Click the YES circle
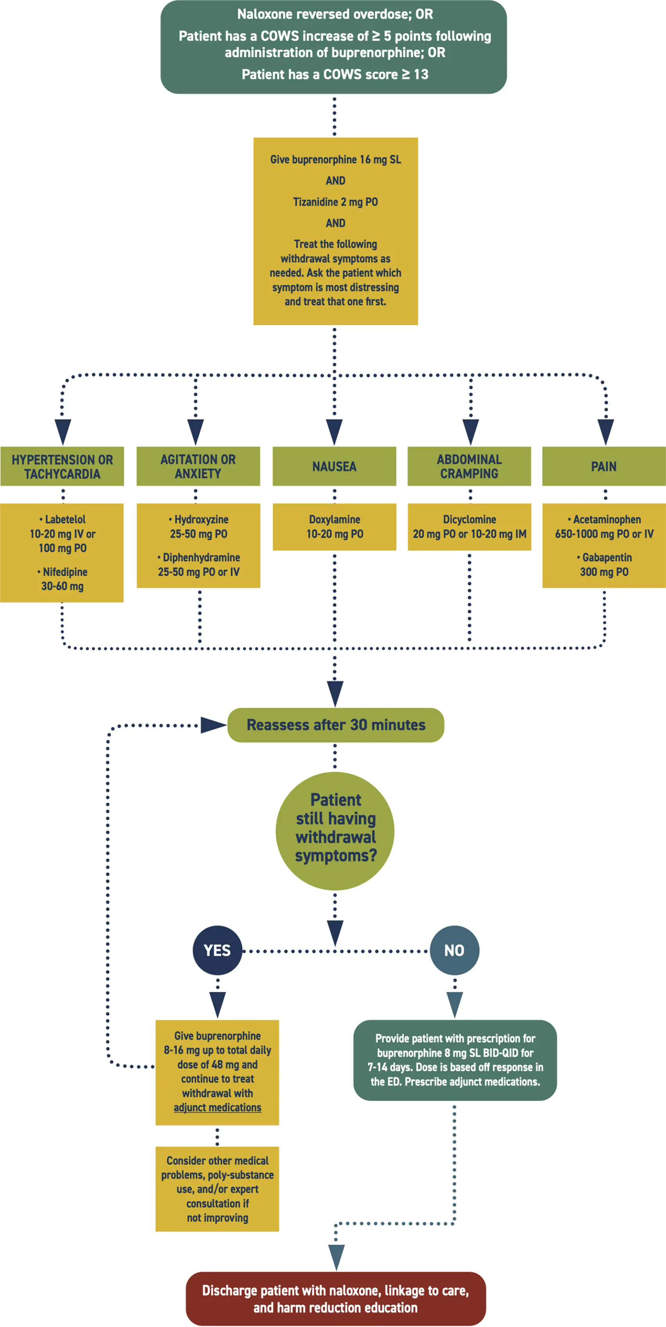217,950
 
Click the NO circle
454,950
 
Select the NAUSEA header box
334,466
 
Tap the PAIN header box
604,466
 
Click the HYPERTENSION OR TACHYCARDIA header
62,466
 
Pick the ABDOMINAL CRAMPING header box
469,466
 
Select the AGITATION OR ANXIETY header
198,466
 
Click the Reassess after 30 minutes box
336,725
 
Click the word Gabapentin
607,557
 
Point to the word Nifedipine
65,572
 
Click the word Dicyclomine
469,519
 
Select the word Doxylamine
334,519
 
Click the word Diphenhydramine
201,557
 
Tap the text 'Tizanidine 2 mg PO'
335,202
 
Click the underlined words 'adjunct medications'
217,1107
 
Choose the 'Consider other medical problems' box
217,1189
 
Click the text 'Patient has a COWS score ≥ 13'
335,74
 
